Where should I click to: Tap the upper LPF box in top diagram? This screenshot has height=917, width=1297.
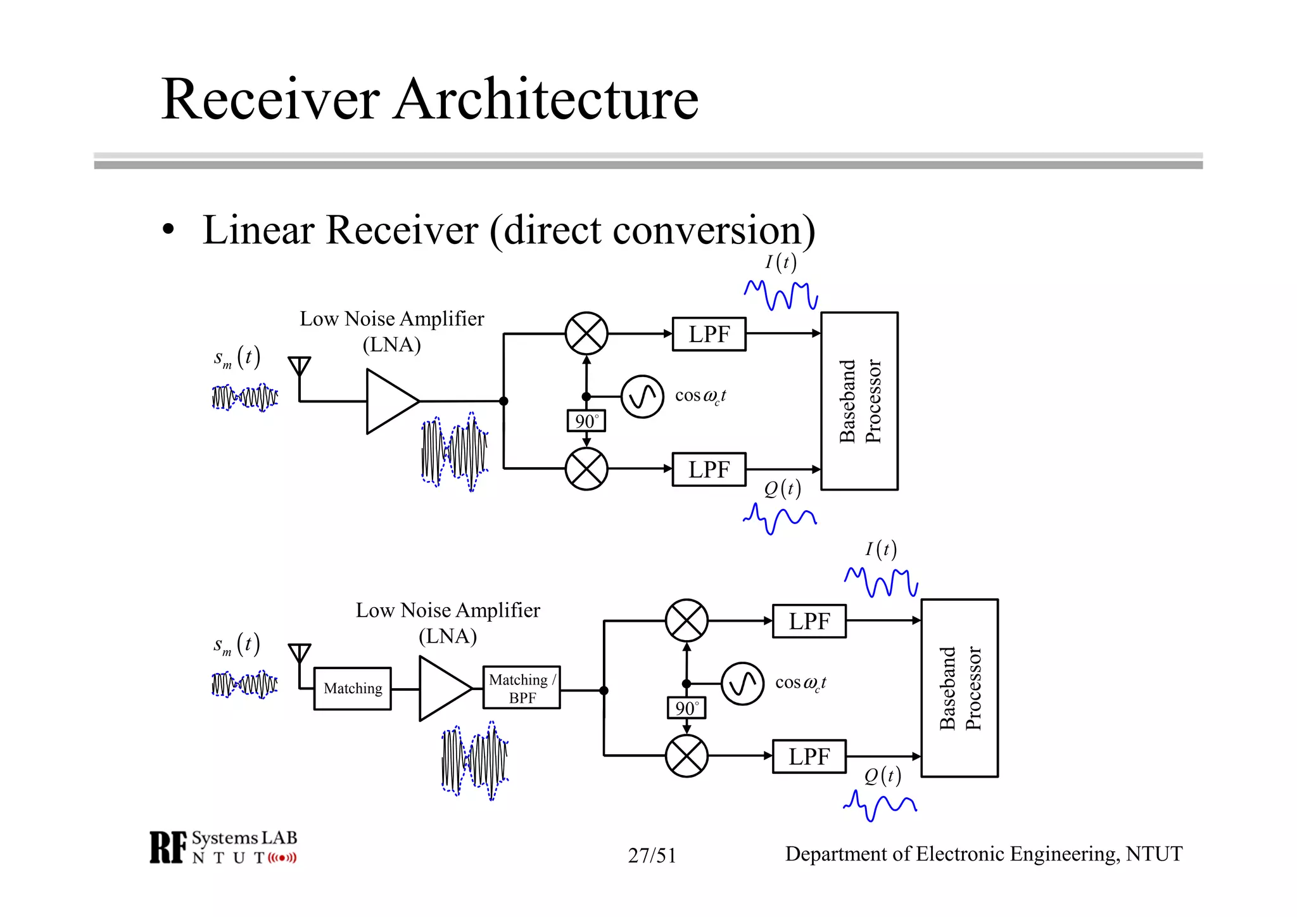709,334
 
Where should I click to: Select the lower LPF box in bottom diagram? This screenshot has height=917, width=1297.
809,756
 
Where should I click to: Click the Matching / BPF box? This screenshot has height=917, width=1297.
521,688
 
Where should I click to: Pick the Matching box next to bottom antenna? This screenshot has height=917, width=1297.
352,688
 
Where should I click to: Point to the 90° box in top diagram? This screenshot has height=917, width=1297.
586,421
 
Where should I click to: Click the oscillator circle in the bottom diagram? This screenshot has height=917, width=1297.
742,684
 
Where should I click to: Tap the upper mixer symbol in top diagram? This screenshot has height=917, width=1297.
586,333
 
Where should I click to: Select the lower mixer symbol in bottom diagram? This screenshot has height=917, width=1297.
686,755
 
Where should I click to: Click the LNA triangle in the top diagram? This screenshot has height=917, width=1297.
388,401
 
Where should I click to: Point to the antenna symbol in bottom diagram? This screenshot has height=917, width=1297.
300,653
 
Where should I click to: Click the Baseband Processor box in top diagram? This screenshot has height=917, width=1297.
859,401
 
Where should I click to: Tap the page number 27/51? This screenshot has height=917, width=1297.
652,856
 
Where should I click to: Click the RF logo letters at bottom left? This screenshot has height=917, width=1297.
168,847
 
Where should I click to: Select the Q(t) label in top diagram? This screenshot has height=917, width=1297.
782,489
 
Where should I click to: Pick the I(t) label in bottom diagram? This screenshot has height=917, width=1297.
881,549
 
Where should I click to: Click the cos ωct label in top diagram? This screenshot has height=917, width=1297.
700,396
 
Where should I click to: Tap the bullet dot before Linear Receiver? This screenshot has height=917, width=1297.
168,229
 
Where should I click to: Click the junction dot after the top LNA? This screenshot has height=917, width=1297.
503,401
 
